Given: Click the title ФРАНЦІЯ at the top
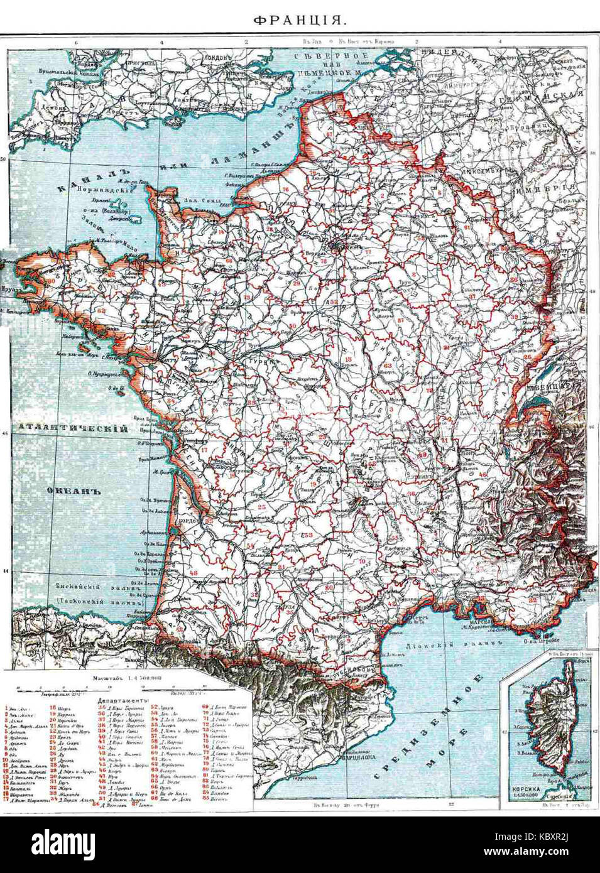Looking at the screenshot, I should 300,21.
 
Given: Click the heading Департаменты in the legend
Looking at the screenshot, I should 123,699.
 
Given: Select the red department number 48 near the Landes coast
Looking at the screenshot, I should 193,573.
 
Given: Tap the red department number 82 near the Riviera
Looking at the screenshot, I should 533,600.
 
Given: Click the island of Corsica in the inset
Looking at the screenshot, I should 551,729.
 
